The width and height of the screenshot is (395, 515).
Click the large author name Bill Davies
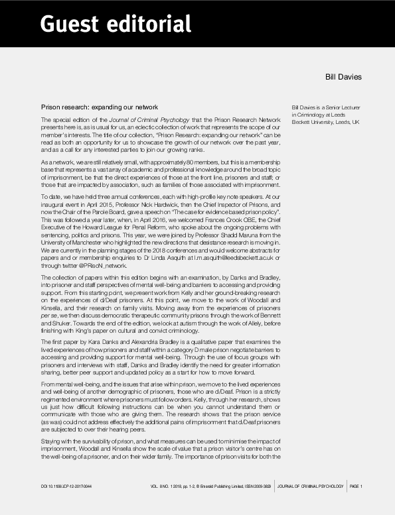coord(343,77)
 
